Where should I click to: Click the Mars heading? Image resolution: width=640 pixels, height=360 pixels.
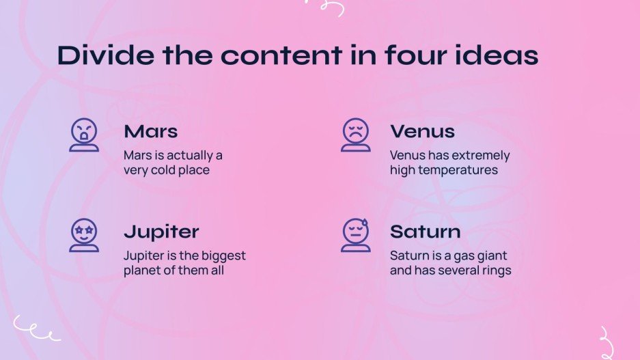point(151,131)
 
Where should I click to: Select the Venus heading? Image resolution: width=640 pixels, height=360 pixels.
point(422,131)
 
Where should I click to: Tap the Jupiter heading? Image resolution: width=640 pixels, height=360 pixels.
point(161,232)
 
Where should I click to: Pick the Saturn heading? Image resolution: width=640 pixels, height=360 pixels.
point(425,232)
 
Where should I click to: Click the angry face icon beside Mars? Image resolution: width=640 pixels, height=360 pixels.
point(84,134)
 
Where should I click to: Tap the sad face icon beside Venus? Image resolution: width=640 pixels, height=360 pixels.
point(355,134)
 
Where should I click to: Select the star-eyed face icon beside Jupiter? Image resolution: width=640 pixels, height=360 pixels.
point(84,235)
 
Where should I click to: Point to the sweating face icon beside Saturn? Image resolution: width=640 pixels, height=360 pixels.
point(355,235)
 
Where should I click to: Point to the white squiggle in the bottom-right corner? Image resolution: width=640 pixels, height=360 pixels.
point(605,342)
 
